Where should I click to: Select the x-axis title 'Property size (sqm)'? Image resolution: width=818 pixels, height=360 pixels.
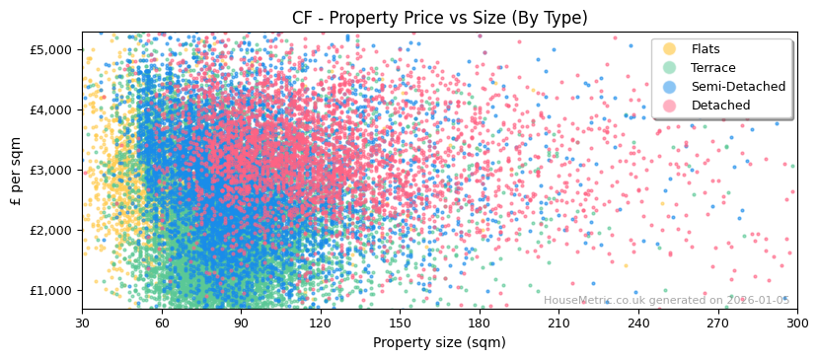coord(439,342)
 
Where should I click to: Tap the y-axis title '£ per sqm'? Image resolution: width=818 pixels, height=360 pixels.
coord(16,171)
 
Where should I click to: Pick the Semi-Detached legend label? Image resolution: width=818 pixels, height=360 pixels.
coord(738,87)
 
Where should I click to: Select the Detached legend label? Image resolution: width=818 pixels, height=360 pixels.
coord(721,106)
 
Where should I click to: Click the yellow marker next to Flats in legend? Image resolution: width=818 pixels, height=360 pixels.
coord(670,49)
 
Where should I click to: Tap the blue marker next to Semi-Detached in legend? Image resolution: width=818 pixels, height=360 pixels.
coord(670,87)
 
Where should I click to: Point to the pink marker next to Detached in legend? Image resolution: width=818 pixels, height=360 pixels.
coord(670,106)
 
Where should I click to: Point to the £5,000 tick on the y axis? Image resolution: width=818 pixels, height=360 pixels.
coord(51,49)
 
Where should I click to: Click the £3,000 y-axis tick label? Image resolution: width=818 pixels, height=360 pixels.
coord(51,170)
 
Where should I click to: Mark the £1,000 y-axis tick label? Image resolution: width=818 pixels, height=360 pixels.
coord(51,290)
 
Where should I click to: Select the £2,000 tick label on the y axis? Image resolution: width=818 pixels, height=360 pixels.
coord(51,230)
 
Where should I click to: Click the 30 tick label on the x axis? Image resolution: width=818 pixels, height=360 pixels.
coord(82,323)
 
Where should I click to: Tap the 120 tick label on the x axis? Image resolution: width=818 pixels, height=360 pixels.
coord(321,323)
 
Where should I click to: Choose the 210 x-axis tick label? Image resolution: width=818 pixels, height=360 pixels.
coord(558,323)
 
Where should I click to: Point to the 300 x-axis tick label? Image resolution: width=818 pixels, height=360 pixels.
coord(796,323)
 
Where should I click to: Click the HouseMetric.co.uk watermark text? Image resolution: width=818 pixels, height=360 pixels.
coord(666,300)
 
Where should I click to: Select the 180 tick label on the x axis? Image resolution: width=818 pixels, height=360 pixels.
coord(480,323)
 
